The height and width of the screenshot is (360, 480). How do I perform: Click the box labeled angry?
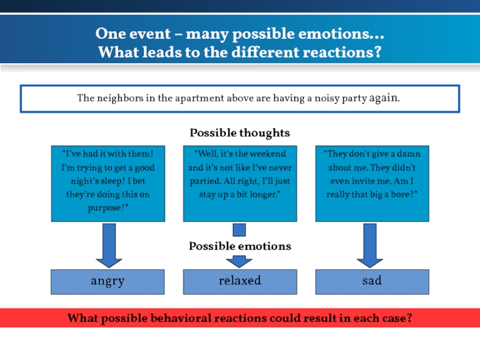107,281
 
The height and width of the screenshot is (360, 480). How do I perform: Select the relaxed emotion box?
239,281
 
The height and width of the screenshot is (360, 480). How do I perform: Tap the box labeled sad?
372,281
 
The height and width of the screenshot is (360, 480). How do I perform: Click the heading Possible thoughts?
239,133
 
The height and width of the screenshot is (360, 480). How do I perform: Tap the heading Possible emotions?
239,246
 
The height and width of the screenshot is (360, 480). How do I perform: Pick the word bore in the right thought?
397,194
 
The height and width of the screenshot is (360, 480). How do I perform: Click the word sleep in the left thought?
133,181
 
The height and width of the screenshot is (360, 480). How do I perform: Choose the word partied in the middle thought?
202,181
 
